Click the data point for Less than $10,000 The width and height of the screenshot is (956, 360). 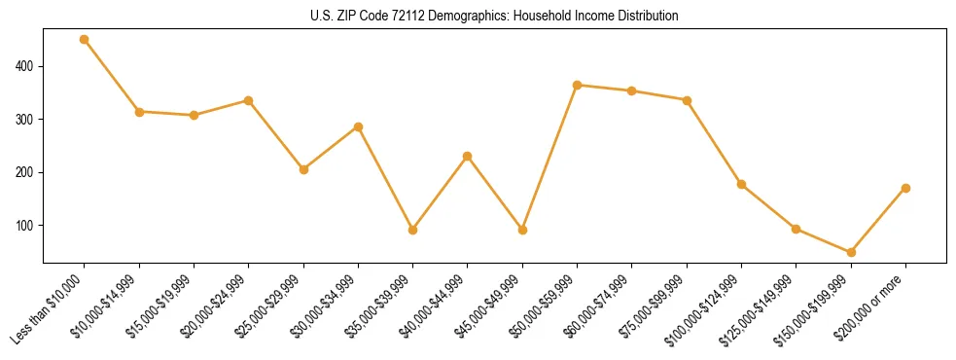tap(85, 40)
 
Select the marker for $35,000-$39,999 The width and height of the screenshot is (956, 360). tap(413, 231)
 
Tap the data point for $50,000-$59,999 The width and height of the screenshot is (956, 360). tap(578, 85)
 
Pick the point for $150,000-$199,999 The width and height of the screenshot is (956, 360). tap(851, 252)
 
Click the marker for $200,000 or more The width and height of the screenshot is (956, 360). tap(905, 188)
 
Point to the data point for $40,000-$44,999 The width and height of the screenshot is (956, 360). tap(468, 156)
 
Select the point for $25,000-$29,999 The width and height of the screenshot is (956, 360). tap(303, 169)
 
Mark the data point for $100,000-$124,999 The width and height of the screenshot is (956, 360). tap(741, 184)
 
